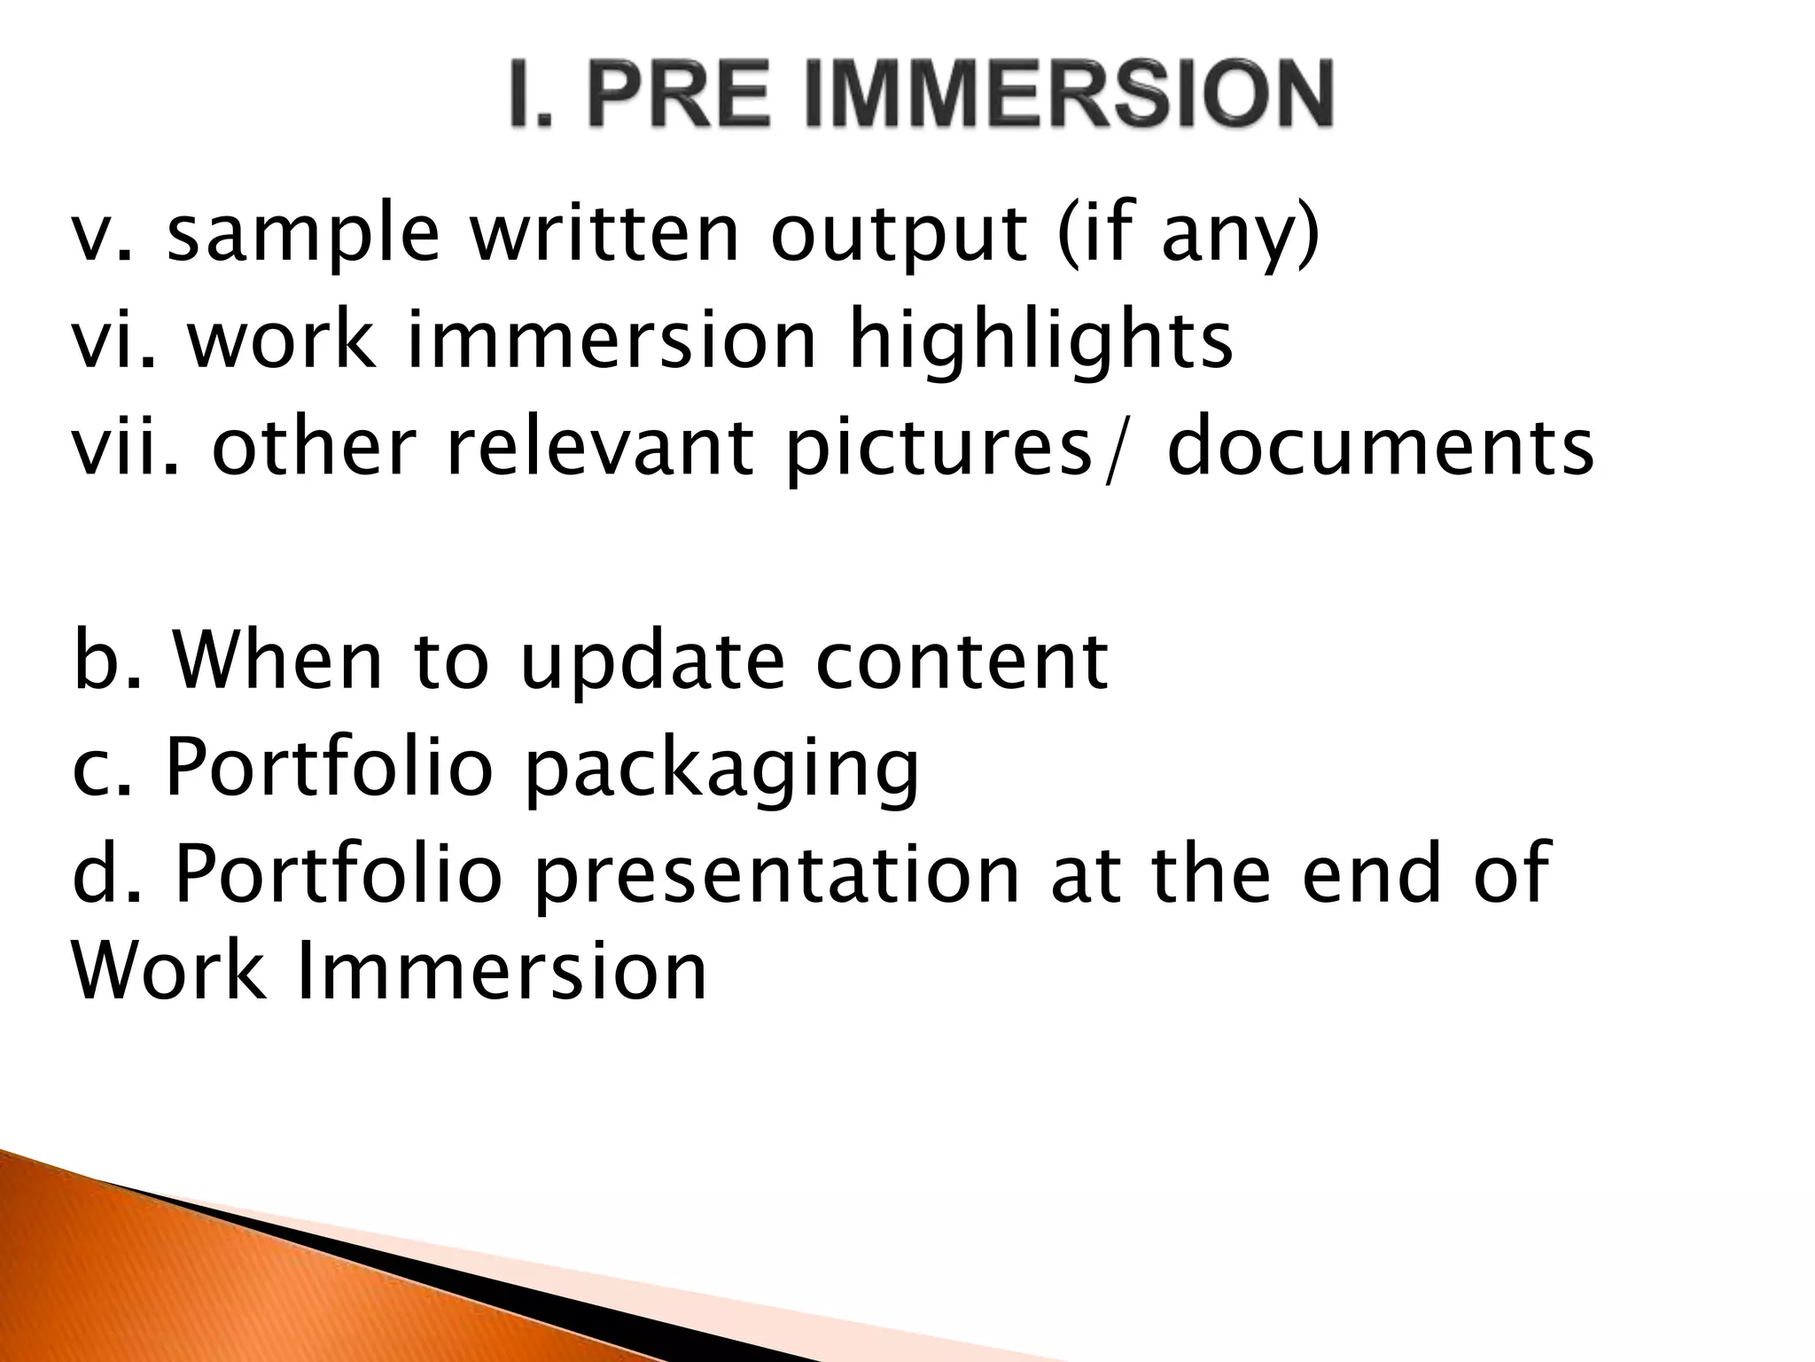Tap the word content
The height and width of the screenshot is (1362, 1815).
point(961,662)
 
